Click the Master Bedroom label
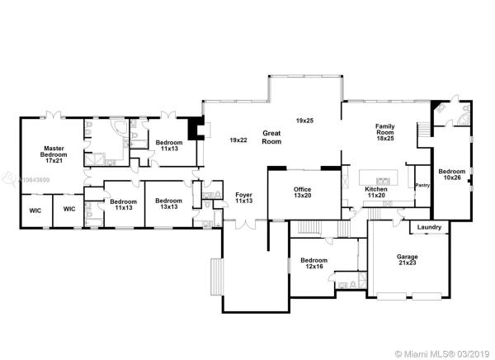(54, 154)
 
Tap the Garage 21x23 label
(408, 259)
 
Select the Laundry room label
(429, 227)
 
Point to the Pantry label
(422, 185)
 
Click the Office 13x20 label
(303, 192)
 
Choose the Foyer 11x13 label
(243, 197)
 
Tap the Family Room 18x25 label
(385, 132)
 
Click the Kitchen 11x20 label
(376, 192)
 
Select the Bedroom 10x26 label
(452, 174)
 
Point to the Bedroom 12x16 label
(313, 263)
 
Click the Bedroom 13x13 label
(168, 204)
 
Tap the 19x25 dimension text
(304, 121)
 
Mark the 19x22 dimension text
(238, 140)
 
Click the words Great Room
(271, 137)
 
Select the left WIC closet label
(35, 211)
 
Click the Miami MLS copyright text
(443, 353)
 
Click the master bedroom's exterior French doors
(54, 115)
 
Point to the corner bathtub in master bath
(120, 127)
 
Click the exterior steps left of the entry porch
(216, 277)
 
